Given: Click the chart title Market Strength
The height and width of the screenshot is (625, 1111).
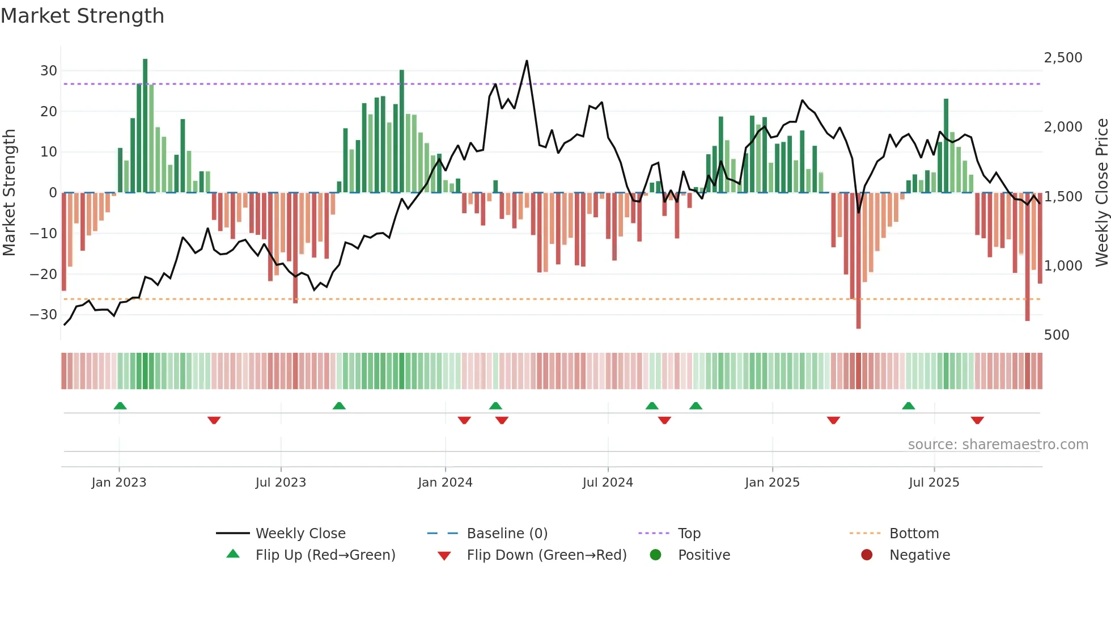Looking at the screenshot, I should pyautogui.click(x=82, y=16).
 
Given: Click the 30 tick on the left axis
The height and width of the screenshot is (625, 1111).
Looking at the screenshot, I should pyautogui.click(x=49, y=71).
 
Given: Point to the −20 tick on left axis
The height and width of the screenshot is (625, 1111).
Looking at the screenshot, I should pyautogui.click(x=44, y=275).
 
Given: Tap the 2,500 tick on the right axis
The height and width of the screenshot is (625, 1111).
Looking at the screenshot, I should pyautogui.click(x=1063, y=58).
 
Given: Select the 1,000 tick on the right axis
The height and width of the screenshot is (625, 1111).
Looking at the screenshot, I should pyautogui.click(x=1063, y=266).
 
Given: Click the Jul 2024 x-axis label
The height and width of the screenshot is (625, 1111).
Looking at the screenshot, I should pyautogui.click(x=607, y=483).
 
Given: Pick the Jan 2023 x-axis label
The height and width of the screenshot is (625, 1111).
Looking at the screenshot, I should pyautogui.click(x=118, y=483).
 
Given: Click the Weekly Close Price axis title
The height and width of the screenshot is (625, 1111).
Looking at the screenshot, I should pyautogui.click(x=1101, y=193).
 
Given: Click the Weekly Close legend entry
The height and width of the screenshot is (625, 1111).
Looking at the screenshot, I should pyautogui.click(x=300, y=534).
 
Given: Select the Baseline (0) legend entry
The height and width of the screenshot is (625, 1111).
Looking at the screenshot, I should pyautogui.click(x=507, y=534).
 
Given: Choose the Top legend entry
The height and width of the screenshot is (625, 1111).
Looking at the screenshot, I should pyautogui.click(x=689, y=534).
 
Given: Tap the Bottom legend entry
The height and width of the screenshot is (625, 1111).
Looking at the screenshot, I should pyautogui.click(x=914, y=534).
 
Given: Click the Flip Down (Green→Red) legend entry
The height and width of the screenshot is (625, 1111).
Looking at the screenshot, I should pyautogui.click(x=546, y=555).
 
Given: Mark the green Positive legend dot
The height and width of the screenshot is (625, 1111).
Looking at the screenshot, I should pyautogui.click(x=655, y=555).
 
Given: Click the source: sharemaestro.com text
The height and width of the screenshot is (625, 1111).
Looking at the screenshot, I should pyautogui.click(x=998, y=445).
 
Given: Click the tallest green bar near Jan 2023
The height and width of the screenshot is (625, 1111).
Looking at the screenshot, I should pyautogui.click(x=145, y=125).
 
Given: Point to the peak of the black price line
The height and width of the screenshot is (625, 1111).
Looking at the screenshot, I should pyautogui.click(x=527, y=61).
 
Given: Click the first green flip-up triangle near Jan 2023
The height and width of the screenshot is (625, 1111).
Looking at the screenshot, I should pyautogui.click(x=120, y=406).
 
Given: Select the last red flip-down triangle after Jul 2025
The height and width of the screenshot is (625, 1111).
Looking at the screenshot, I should pyautogui.click(x=977, y=420).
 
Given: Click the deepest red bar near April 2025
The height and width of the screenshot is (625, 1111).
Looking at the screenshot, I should pyautogui.click(x=858, y=261).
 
